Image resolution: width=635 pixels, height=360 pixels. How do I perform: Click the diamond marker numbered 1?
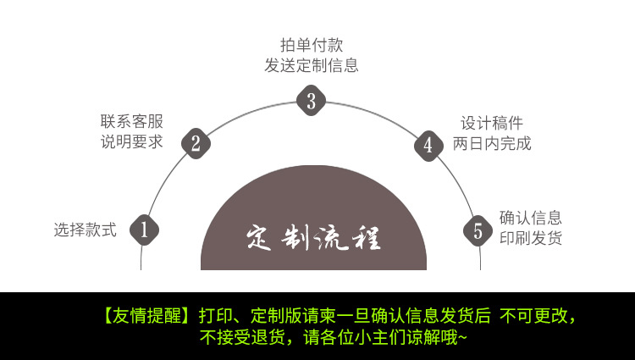click(144, 229)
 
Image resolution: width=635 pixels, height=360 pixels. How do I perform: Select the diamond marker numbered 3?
click(311, 102)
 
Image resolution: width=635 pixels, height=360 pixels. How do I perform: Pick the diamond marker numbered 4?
click(428, 145)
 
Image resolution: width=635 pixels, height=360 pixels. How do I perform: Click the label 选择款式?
click(85, 229)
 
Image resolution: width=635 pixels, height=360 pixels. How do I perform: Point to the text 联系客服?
click(131, 121)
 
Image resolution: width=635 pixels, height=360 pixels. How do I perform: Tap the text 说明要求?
click(131, 141)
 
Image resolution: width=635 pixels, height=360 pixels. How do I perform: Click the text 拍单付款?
click(312, 45)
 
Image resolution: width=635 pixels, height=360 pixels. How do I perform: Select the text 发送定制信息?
click(312, 65)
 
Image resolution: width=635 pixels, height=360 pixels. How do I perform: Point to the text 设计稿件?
click(492, 123)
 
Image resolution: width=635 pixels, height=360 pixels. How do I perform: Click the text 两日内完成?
click(492, 143)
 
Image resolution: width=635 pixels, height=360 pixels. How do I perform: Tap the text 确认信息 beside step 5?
click(530, 218)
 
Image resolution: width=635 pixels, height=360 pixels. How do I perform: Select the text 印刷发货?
click(530, 238)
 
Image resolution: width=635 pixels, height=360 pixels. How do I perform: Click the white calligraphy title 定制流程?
click(313, 238)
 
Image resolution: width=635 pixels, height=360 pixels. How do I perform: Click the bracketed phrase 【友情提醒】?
click(148, 317)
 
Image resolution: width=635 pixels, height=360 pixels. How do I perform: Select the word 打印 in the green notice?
click(214, 317)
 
